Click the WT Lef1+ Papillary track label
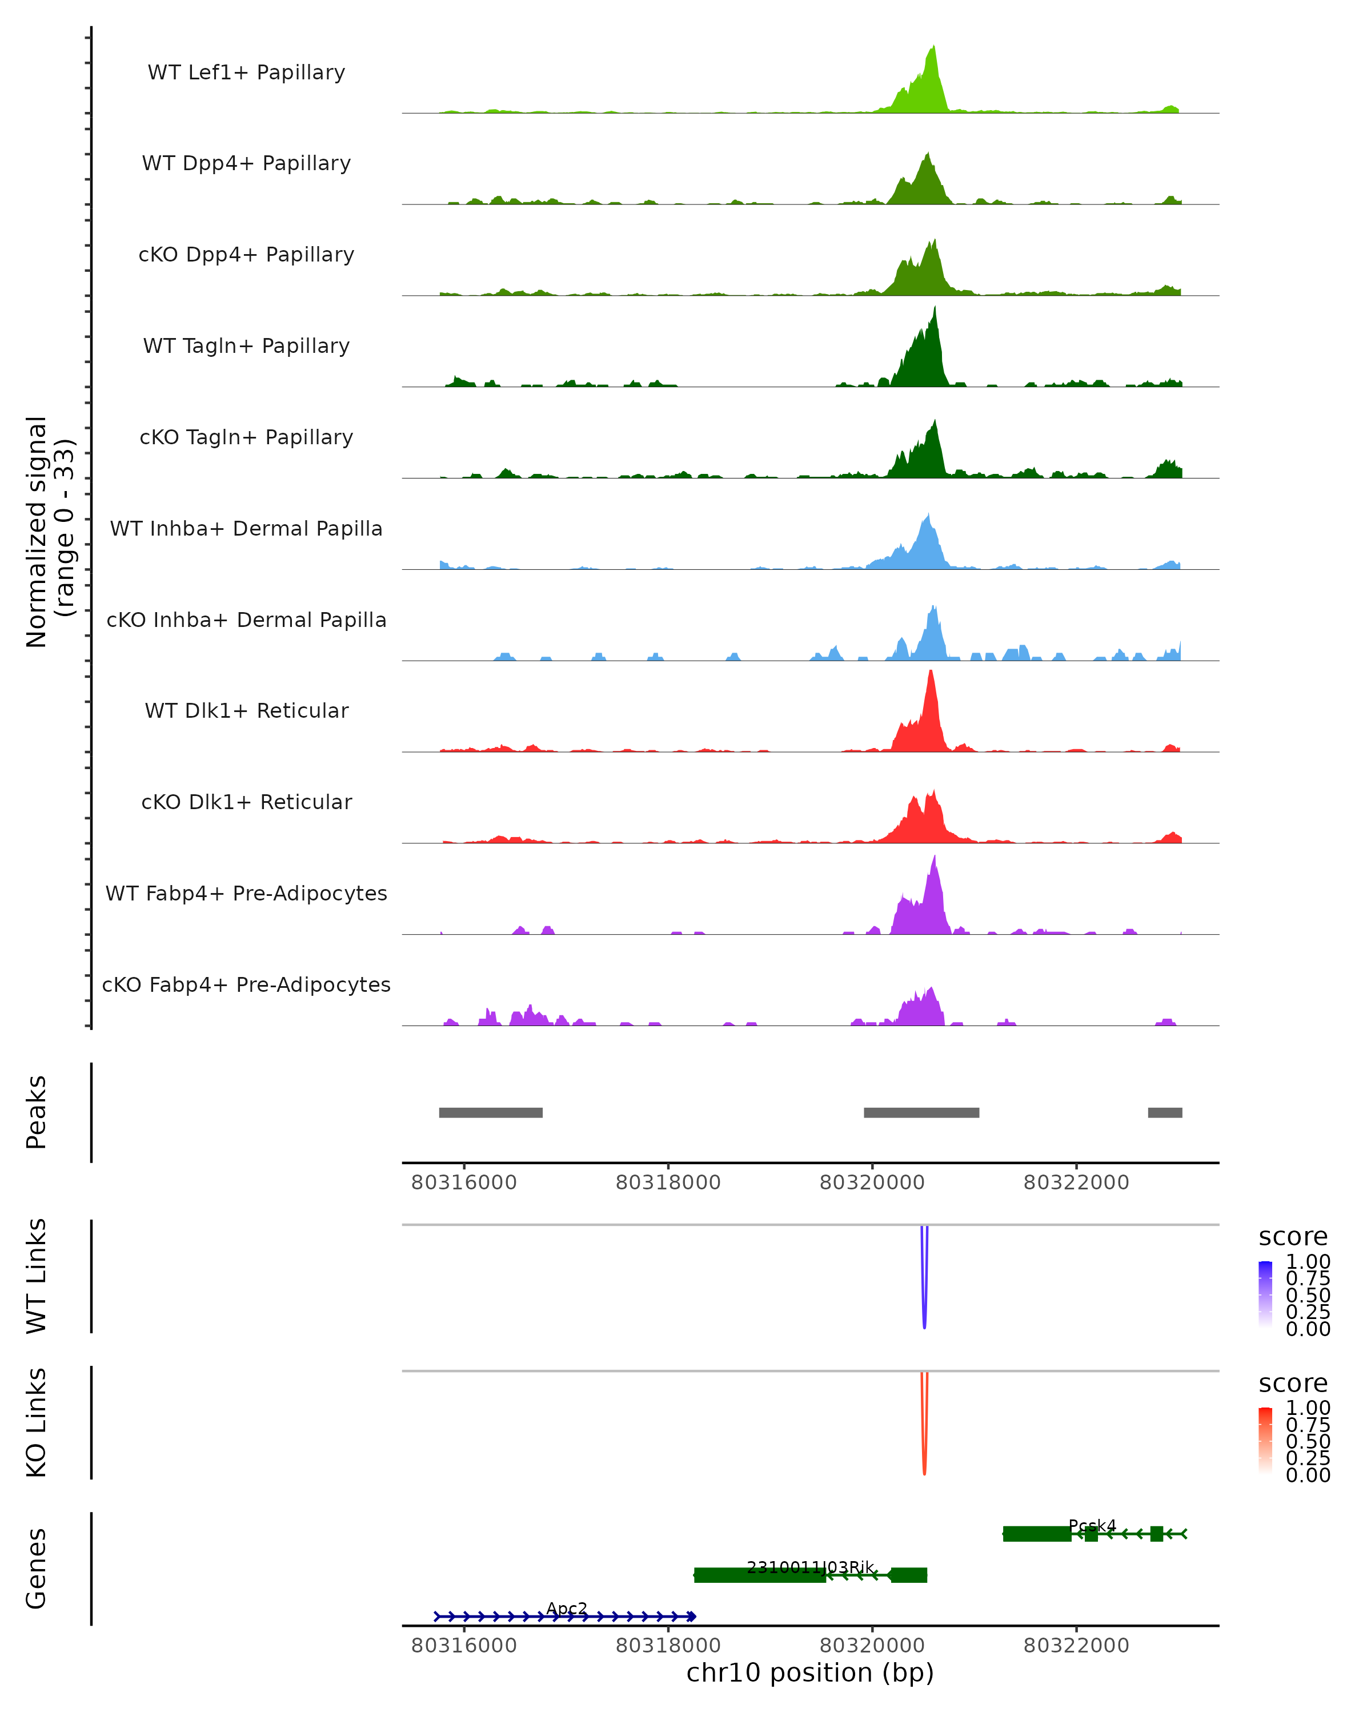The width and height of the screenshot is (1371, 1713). [246, 73]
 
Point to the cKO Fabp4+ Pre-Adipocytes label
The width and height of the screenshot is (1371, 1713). [246, 984]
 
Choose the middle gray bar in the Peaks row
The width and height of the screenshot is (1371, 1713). [921, 1112]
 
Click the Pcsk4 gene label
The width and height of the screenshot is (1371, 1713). [1092, 1526]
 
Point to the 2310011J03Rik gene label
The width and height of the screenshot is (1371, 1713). [810, 1567]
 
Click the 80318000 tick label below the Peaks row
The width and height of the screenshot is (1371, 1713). [668, 1183]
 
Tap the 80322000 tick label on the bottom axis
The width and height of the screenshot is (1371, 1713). [1076, 1646]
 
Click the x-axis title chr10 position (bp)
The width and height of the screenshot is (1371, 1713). [810, 1673]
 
